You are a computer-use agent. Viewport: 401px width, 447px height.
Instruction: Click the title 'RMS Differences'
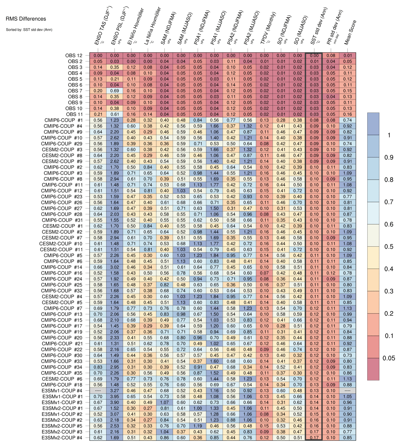(26, 19)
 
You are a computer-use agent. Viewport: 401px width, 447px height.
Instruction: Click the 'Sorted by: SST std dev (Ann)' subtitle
(29, 30)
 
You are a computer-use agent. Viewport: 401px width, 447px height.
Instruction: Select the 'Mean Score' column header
(350, 32)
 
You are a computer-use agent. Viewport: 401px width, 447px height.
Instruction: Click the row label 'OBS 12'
(74, 56)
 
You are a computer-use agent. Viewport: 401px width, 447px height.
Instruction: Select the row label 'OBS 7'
(75, 91)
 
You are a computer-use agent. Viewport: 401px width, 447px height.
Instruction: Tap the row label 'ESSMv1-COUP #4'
(62, 391)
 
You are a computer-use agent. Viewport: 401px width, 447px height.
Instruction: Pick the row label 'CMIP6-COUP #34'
(62, 367)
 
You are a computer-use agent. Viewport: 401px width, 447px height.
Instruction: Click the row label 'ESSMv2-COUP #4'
(62, 438)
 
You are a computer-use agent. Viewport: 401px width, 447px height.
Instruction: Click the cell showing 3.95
(114, 396)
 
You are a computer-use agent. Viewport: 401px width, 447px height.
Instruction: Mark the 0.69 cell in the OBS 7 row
(114, 91)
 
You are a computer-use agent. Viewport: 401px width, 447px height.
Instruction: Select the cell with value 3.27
(114, 391)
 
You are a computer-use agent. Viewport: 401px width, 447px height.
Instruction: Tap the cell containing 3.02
(114, 267)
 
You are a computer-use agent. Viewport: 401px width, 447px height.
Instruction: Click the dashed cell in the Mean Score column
(347, 391)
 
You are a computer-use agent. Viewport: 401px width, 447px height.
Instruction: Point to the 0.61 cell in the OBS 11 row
(114, 114)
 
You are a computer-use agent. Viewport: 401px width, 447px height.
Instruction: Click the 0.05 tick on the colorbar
(389, 358)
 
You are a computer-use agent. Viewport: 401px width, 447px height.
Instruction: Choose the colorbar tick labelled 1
(389, 135)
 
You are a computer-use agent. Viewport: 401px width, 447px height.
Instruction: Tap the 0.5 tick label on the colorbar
(389, 247)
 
